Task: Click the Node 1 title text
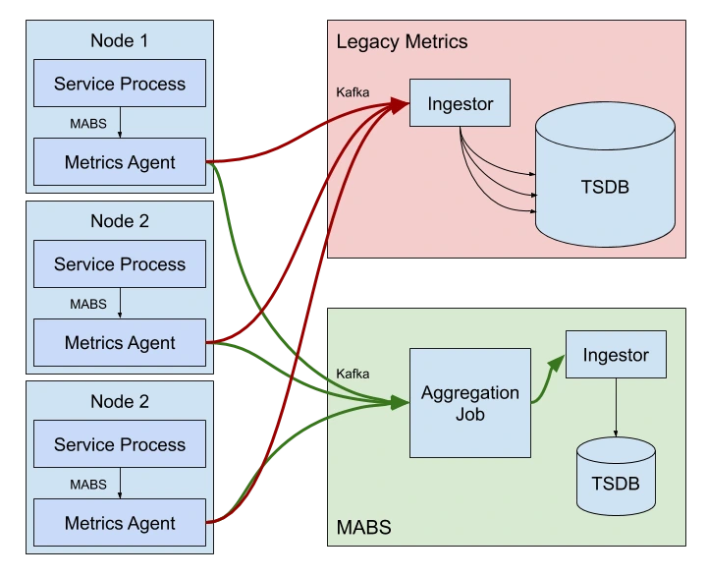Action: coord(120,40)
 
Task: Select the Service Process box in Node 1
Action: coord(120,84)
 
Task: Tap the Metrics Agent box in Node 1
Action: coord(120,162)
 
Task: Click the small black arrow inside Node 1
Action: coord(120,123)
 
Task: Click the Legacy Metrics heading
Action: coord(402,42)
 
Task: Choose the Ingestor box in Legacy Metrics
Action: coord(460,102)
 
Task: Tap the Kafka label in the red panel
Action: coord(353,93)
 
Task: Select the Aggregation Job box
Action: coord(469,402)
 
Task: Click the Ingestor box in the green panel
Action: coord(615,355)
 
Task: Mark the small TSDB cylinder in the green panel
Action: coord(616,477)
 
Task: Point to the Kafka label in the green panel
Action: coord(353,374)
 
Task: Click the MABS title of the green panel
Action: coord(363,528)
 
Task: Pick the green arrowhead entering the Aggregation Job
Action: coord(401,402)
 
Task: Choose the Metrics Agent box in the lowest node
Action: coord(120,523)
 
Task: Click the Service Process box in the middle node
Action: coord(120,264)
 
